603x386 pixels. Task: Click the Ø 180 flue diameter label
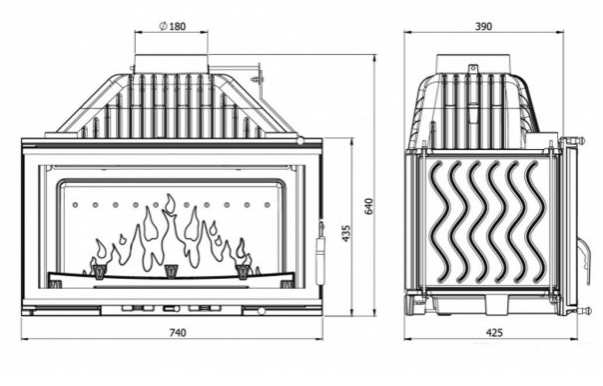[x=172, y=26]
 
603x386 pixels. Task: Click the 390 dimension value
[x=483, y=26]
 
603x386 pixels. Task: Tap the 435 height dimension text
[x=346, y=233]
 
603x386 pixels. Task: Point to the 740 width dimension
[x=178, y=332]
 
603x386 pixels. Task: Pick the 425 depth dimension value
[x=494, y=332]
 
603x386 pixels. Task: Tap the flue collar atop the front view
[x=171, y=64]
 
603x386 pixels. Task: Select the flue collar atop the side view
[x=474, y=64]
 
